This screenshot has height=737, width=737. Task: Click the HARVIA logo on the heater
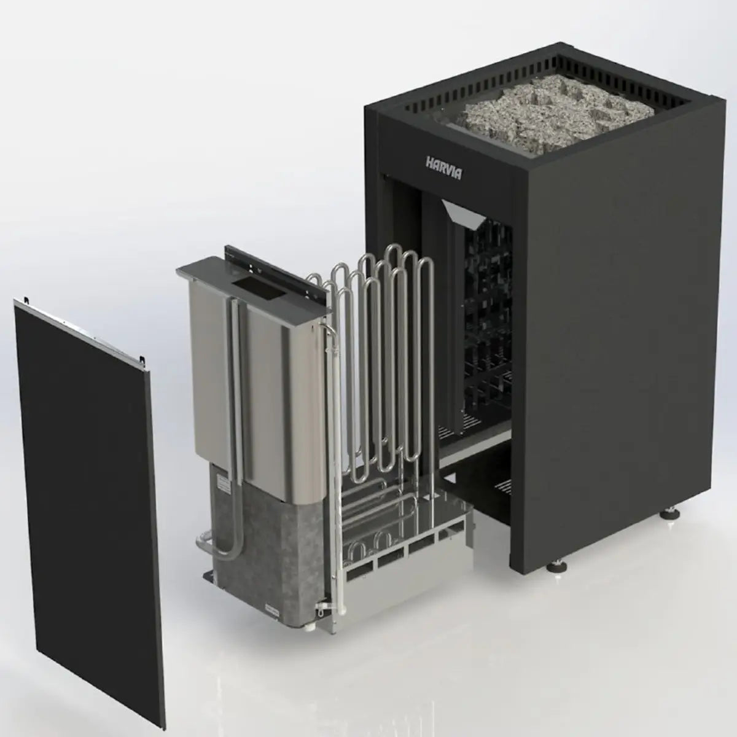pyautogui.click(x=443, y=165)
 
